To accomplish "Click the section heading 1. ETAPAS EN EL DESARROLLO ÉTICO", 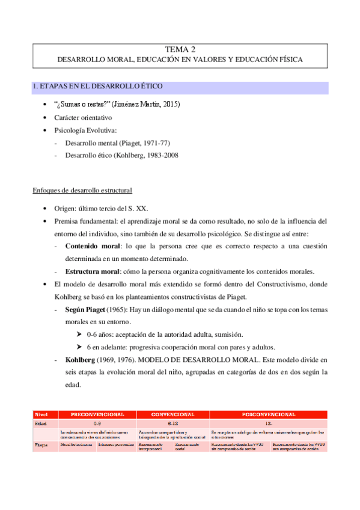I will [x=97, y=88].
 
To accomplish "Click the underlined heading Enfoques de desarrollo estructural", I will [x=82, y=191].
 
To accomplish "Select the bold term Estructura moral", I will [x=93, y=270].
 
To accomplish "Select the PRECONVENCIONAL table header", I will [x=97, y=414].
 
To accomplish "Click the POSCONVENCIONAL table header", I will [x=268, y=414].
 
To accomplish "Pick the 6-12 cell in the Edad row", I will [x=172, y=423].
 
